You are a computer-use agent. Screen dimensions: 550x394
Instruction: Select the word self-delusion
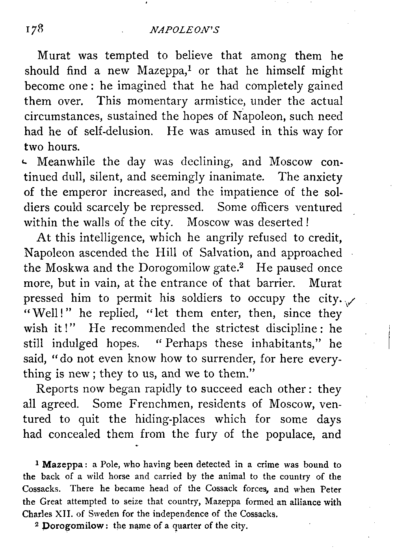click(117, 131)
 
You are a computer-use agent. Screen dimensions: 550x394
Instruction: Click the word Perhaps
click(186, 344)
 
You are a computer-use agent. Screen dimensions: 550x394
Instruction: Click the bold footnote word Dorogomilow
click(72, 526)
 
